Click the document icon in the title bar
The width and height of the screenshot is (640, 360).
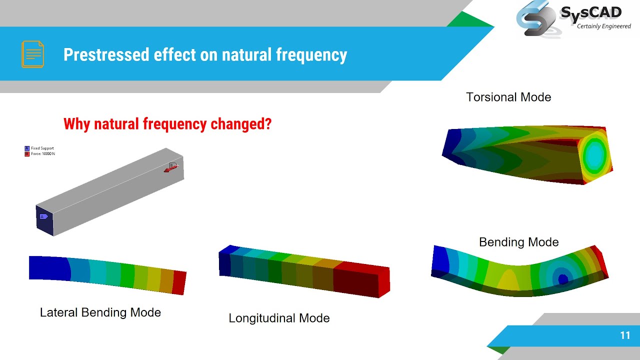pyautogui.click(x=32, y=54)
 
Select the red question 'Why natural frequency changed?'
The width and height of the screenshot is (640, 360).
pyautogui.click(x=167, y=123)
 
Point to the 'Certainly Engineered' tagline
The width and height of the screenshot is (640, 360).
pyautogui.click(x=603, y=26)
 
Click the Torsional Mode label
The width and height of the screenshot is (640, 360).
pyautogui.click(x=508, y=97)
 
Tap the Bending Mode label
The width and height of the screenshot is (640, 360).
pyautogui.click(x=518, y=242)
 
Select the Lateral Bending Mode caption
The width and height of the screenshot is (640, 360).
pyautogui.click(x=100, y=312)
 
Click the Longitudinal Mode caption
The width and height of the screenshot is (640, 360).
pyautogui.click(x=279, y=318)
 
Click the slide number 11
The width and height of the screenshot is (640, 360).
pyautogui.click(x=624, y=335)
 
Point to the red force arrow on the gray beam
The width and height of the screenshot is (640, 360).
pyautogui.click(x=170, y=169)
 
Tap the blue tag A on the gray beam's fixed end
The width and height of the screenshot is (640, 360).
pyautogui.click(x=43, y=216)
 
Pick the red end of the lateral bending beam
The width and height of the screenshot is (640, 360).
pyautogui.click(x=179, y=283)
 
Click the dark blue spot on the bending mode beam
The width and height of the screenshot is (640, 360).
pyautogui.click(x=563, y=279)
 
